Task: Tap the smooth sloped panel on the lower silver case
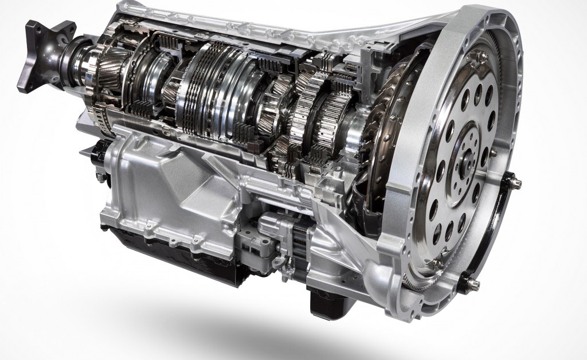click(172, 172)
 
